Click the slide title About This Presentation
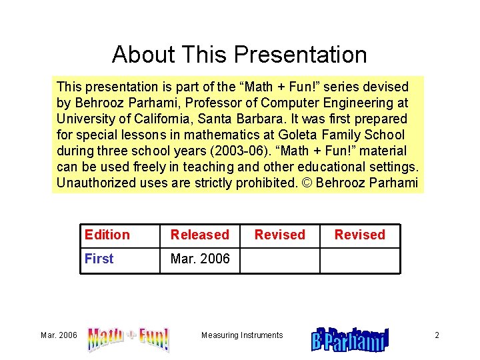point(239,55)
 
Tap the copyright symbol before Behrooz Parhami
point(308,183)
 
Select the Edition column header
point(107,235)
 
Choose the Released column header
point(199,235)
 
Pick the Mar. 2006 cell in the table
point(200,259)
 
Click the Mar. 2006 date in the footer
point(58,335)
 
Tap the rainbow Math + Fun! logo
point(128,338)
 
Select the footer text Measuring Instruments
point(242,335)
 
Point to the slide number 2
point(437,335)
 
